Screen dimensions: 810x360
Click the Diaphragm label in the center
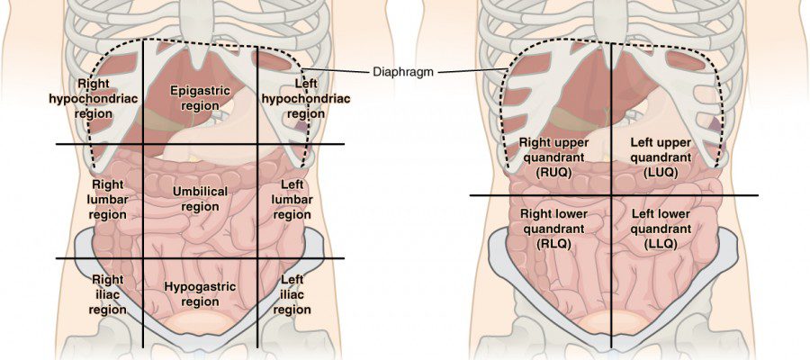click(403, 72)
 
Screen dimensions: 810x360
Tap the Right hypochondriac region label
click(94, 98)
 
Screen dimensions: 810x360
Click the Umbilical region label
click(200, 199)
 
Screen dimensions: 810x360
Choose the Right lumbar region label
click(108, 200)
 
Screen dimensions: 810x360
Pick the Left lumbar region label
click(292, 200)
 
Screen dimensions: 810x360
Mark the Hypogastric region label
click(200, 294)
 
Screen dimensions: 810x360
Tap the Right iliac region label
click(107, 294)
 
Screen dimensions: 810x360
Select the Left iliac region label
click(292, 294)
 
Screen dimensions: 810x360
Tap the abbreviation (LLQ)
click(661, 244)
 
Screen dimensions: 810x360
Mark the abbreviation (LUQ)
click(661, 173)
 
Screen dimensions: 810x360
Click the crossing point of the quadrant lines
click(612, 195)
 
